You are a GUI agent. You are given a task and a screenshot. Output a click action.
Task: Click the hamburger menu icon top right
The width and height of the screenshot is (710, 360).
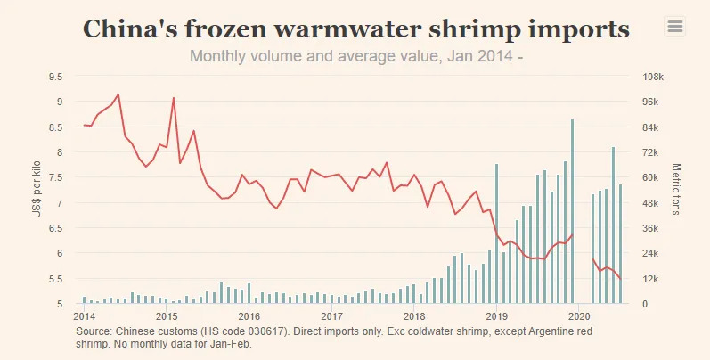(x=675, y=27)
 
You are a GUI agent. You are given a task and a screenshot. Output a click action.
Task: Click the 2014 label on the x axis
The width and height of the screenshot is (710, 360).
(x=84, y=316)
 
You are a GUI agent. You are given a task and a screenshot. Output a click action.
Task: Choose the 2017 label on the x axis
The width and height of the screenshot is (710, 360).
(x=331, y=316)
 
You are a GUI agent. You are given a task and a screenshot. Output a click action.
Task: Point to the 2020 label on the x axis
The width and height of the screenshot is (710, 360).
(x=579, y=316)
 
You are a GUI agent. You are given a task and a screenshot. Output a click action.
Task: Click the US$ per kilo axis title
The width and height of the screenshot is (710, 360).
(x=37, y=190)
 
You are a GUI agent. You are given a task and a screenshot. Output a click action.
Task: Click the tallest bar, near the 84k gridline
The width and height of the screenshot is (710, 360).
(x=572, y=211)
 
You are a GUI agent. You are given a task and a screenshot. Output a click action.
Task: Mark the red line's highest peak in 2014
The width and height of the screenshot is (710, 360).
(x=118, y=94)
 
